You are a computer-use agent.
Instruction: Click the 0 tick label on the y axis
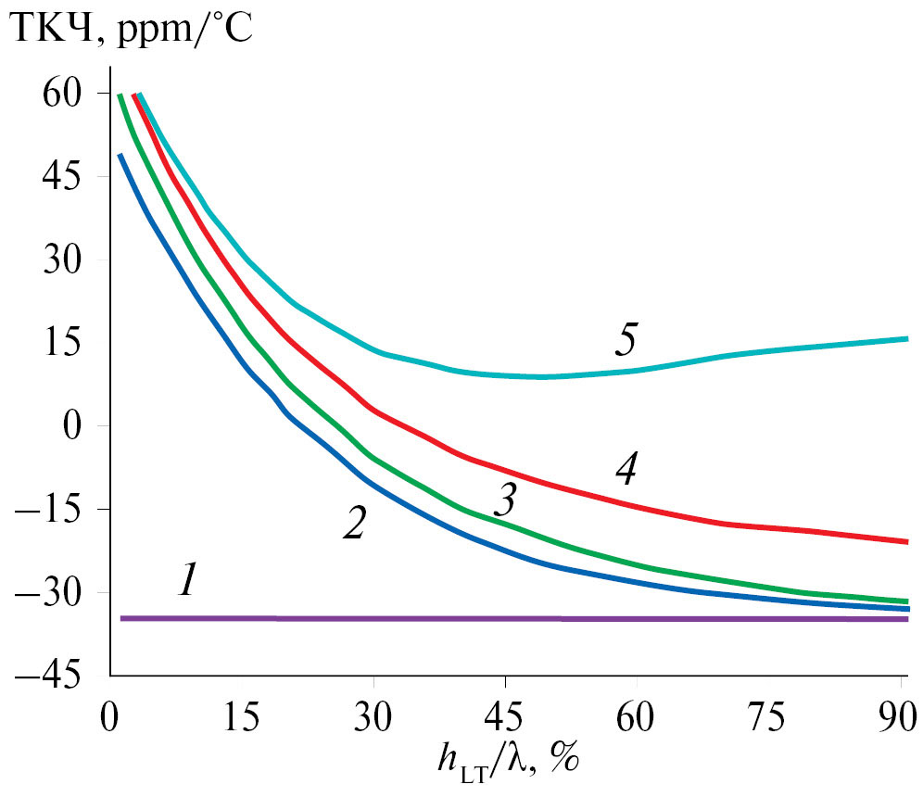tap(78, 427)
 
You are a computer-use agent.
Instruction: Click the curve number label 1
tap(188, 581)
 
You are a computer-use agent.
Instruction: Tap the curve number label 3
tap(504, 501)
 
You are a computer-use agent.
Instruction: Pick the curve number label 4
tap(626, 471)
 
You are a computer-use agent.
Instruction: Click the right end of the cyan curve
tap(906, 339)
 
